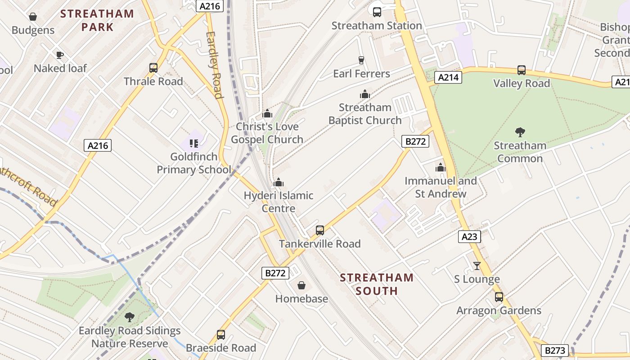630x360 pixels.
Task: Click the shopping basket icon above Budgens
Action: coord(33,17)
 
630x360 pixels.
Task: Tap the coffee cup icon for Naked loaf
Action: coord(59,55)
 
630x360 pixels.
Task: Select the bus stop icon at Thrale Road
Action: coord(153,68)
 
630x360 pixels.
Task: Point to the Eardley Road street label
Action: coord(214,64)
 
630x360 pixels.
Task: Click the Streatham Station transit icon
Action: coord(377,12)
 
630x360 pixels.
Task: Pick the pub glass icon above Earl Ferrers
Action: coord(361,60)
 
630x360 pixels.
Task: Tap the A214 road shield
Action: coord(449,77)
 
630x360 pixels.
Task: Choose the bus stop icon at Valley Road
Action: coord(522,70)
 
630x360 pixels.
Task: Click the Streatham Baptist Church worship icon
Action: coord(365,94)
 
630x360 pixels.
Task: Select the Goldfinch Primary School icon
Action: coord(194,144)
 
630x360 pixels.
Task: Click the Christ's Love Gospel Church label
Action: coord(267,133)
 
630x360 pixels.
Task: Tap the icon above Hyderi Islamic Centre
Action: coord(279,182)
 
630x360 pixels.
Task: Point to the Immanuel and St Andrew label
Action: coord(441,187)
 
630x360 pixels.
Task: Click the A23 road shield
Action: coord(469,237)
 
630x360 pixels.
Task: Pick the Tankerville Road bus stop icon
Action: coord(320,230)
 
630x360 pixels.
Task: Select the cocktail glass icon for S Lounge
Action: coord(477,266)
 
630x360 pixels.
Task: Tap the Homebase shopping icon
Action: coord(301,285)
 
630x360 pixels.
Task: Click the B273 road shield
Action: coord(555,351)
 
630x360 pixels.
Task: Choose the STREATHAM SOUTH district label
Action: coord(377,284)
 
